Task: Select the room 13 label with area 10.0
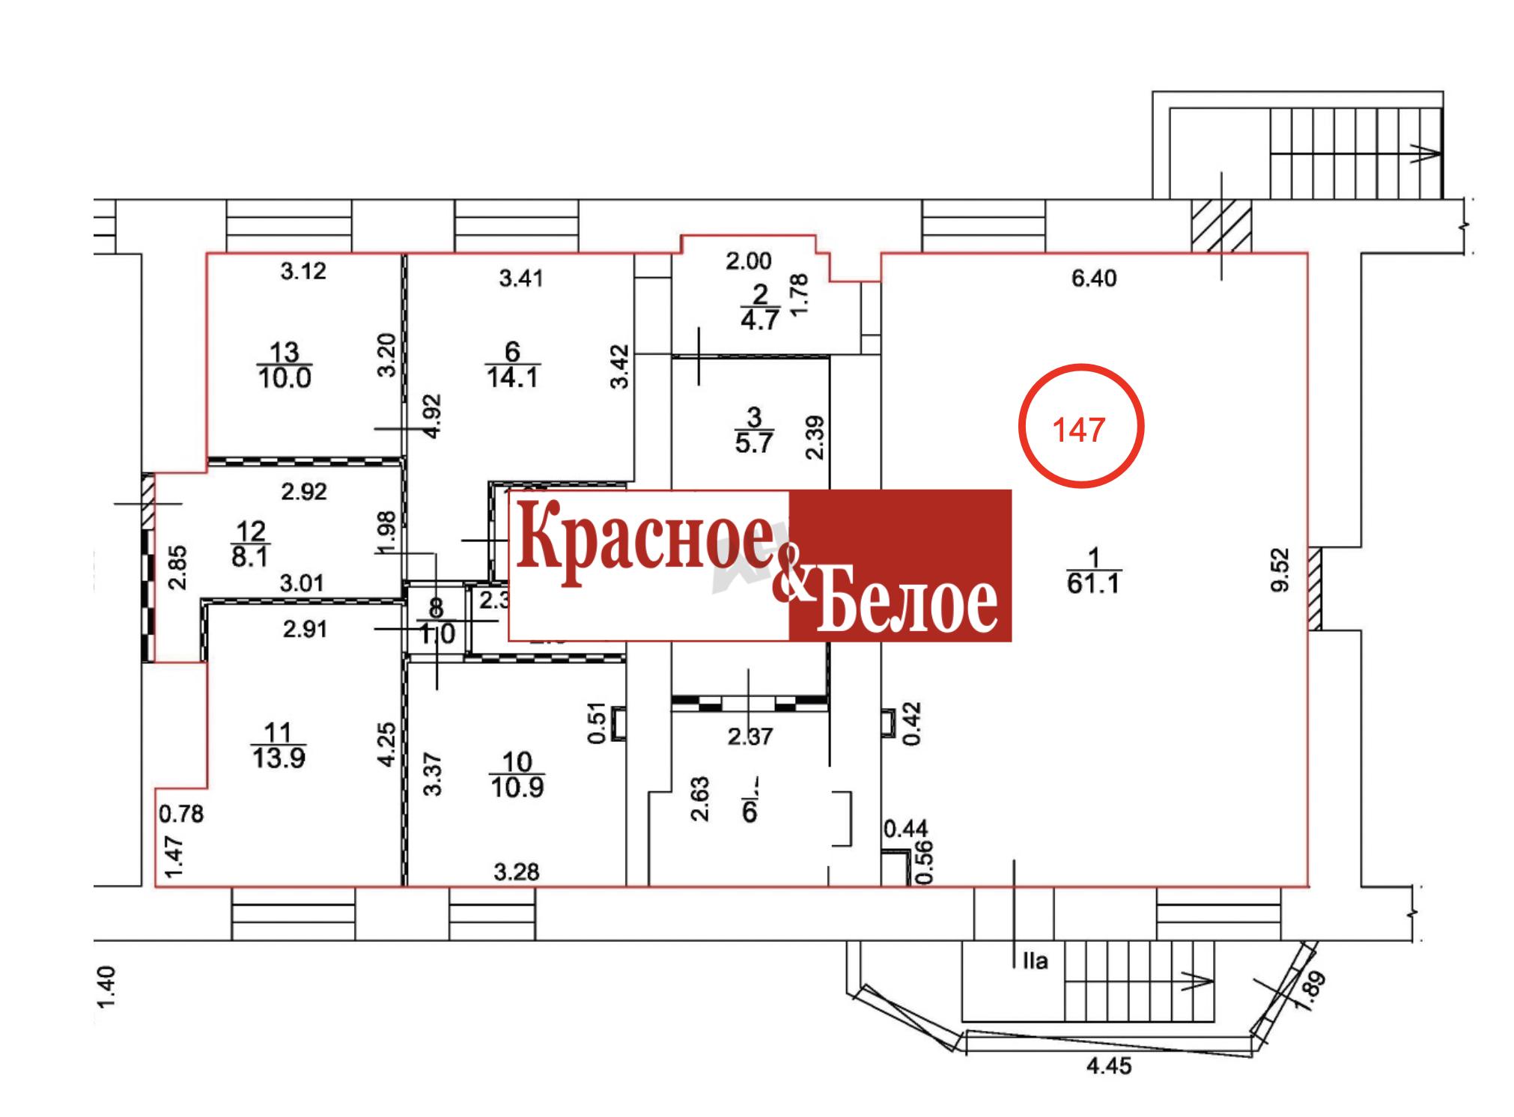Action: (284, 365)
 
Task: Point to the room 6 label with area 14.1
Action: (512, 365)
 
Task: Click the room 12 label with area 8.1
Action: (250, 544)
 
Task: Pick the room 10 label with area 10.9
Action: (517, 775)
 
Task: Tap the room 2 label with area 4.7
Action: (760, 307)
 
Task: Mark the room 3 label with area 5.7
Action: (753, 429)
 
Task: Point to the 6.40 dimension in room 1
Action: (1093, 279)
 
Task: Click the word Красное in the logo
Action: (644, 540)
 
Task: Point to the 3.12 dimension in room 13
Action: (303, 271)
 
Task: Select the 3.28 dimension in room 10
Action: (517, 872)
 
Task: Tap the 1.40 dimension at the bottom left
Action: (107, 987)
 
